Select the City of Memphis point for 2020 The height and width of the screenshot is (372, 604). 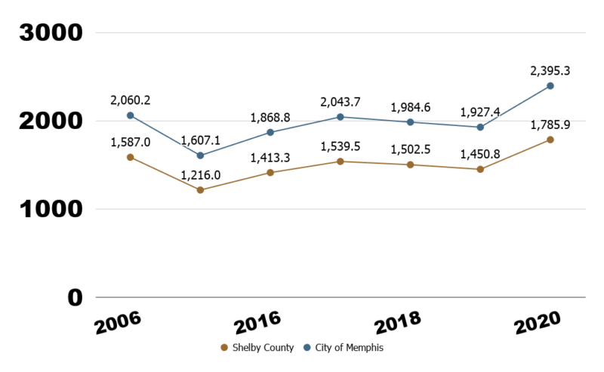(x=550, y=86)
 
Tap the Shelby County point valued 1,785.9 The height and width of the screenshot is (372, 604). (x=550, y=140)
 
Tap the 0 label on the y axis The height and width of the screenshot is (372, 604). (x=73, y=298)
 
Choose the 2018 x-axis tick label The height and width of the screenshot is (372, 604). (x=398, y=323)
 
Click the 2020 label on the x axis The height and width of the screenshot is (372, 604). (x=538, y=323)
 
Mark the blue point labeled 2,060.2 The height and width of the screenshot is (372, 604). (x=130, y=115)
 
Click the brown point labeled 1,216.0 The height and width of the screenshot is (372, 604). (x=200, y=190)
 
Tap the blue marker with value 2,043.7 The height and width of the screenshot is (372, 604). (x=341, y=117)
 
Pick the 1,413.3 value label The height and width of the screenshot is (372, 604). (x=270, y=157)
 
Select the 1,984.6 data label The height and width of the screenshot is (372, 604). (x=410, y=107)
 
